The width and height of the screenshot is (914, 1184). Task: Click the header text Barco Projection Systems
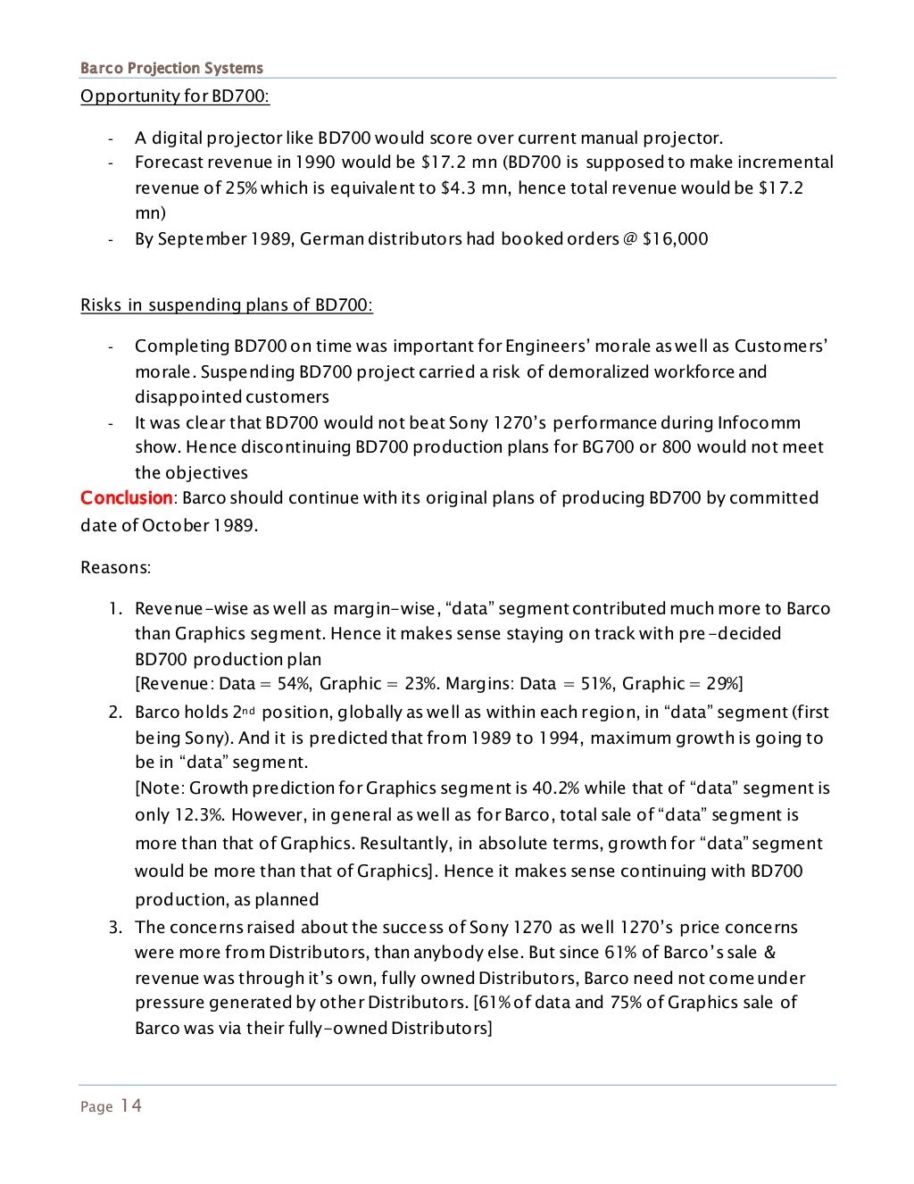point(171,68)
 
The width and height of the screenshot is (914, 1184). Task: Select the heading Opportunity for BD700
point(175,96)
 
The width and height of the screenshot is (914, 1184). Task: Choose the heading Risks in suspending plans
point(227,304)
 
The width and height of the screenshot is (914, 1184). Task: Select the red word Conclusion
point(126,497)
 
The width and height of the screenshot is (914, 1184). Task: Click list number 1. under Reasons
point(115,608)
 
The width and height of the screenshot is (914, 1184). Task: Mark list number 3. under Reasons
point(115,927)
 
